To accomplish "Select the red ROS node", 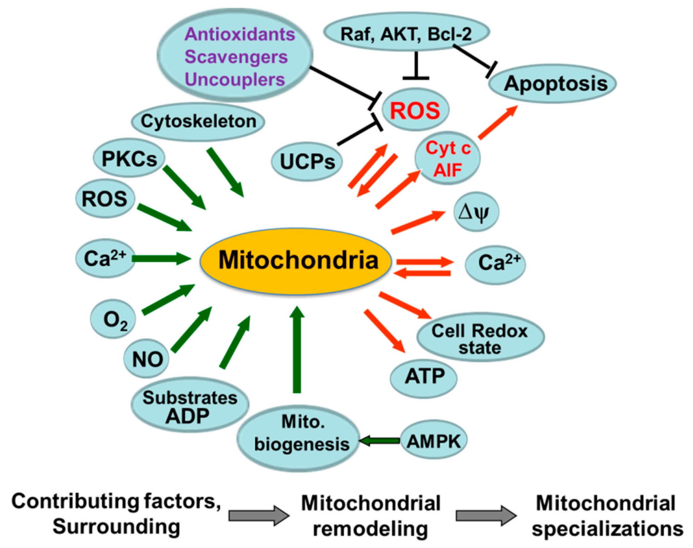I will click(415, 110).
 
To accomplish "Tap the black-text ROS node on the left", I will click(105, 199).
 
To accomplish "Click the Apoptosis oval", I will click(552, 84).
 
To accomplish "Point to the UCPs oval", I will click(307, 162).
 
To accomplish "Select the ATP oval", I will click(424, 377).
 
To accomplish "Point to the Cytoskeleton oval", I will click(198, 122).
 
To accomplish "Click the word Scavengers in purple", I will click(236, 57).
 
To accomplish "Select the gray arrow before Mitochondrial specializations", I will click(486, 515).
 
